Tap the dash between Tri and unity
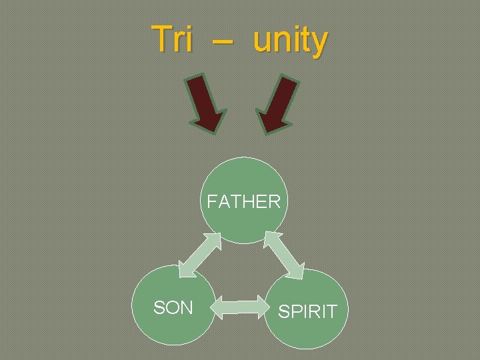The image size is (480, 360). pyautogui.click(x=224, y=41)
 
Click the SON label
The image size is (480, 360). pyautogui.click(x=173, y=307)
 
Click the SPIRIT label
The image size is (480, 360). pyautogui.click(x=307, y=311)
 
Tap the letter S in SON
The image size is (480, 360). pyautogui.click(x=159, y=307)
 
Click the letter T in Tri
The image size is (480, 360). pyautogui.click(x=160, y=39)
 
